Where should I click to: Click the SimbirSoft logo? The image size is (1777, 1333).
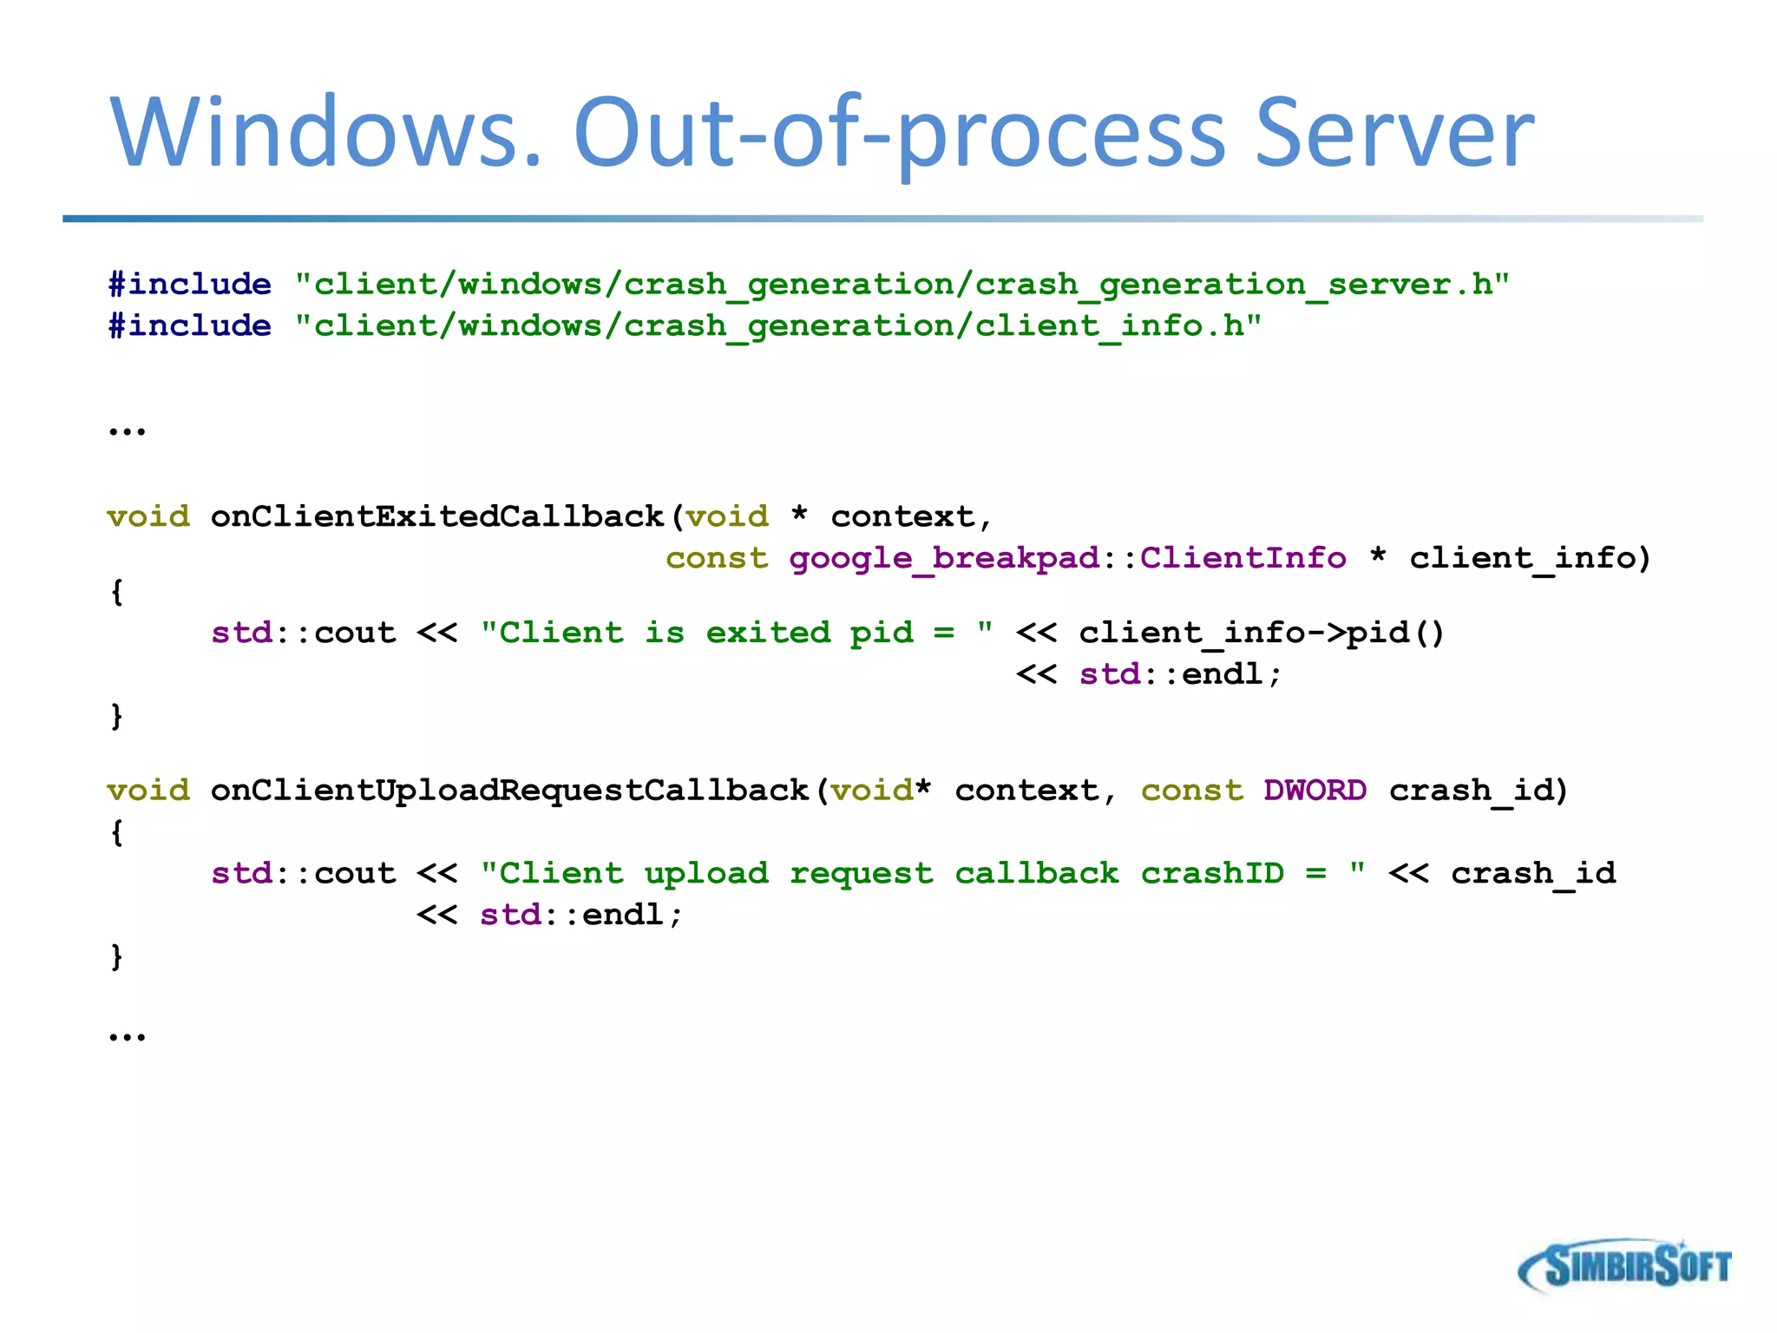1624,1266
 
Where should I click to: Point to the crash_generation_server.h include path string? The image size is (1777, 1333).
902,285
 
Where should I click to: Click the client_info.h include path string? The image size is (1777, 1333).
778,326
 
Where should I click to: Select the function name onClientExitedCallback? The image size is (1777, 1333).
436,516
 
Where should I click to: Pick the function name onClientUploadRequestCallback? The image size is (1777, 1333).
509,790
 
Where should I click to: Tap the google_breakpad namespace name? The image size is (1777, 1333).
944,558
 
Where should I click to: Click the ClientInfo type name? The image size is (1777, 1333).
1243,558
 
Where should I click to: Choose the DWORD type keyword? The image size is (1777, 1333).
1315,790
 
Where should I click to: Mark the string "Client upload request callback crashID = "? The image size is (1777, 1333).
923,873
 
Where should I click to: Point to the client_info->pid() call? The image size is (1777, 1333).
1262,633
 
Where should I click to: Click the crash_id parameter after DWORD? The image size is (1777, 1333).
1479,791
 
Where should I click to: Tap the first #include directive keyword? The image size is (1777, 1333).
189,285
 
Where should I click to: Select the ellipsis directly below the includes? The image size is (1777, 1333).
127,430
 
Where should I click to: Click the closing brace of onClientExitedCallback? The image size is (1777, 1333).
116,716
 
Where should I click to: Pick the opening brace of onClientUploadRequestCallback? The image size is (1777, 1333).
116,832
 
